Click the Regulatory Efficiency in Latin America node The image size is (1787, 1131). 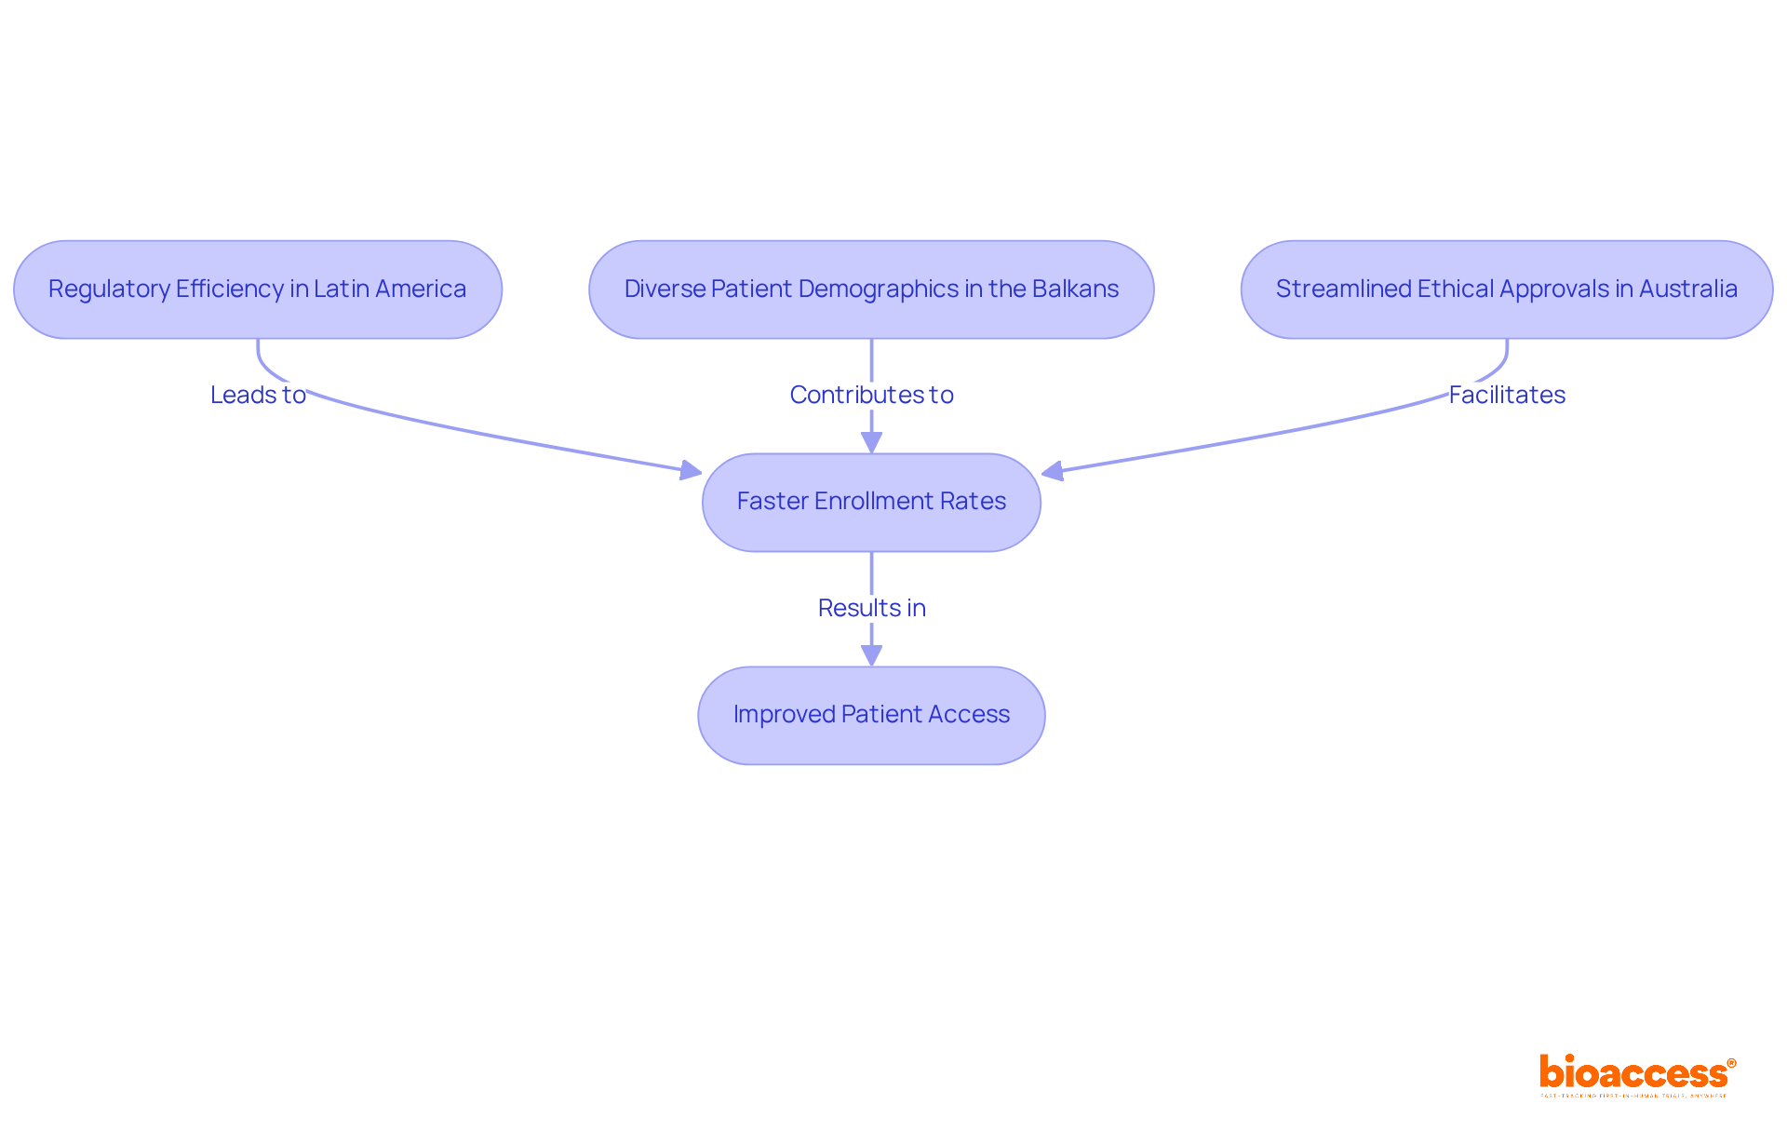257,289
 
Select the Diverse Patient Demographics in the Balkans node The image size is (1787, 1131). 871,289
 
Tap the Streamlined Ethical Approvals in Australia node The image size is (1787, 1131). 1506,289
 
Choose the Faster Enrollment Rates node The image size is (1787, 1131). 871,502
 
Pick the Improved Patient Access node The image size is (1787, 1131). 871,715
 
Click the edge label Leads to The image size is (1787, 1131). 258,395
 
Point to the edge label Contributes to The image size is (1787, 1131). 871,395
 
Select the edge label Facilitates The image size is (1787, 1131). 1507,395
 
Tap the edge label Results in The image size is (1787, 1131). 871,608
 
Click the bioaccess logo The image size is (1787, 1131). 1634,1074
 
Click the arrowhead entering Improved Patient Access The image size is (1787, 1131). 871,655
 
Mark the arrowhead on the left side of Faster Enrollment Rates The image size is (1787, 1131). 691,471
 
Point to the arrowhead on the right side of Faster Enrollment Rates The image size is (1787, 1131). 1053,472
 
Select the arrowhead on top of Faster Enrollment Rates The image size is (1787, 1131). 871,442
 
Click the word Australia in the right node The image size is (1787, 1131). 1687,289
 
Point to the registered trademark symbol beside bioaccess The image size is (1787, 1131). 1731,1063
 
